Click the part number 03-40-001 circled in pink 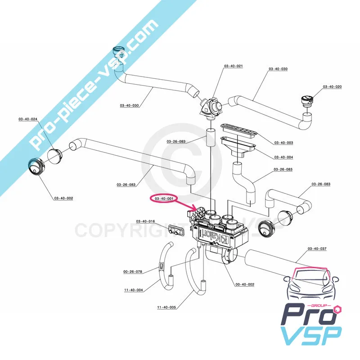click(x=164, y=198)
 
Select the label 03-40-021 click(x=233, y=66)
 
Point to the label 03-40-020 click(x=332, y=86)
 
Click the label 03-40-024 click(x=28, y=119)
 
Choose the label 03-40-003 click(x=283, y=143)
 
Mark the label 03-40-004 click(x=283, y=157)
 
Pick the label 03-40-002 click(x=63, y=198)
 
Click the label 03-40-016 click(x=145, y=221)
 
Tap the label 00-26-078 click(x=133, y=271)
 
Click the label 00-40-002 click(x=245, y=284)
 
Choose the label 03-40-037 click(x=317, y=248)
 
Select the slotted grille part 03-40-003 click(x=239, y=130)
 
